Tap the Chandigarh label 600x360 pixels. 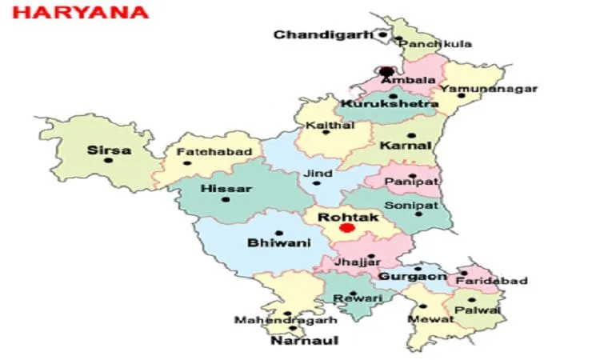[324, 34]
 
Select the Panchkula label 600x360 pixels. [434, 43]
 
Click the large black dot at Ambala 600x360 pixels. [388, 72]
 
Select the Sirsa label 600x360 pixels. [110, 149]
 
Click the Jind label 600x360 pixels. [316, 173]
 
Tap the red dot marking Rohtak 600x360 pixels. [346, 228]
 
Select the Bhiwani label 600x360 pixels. [278, 243]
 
